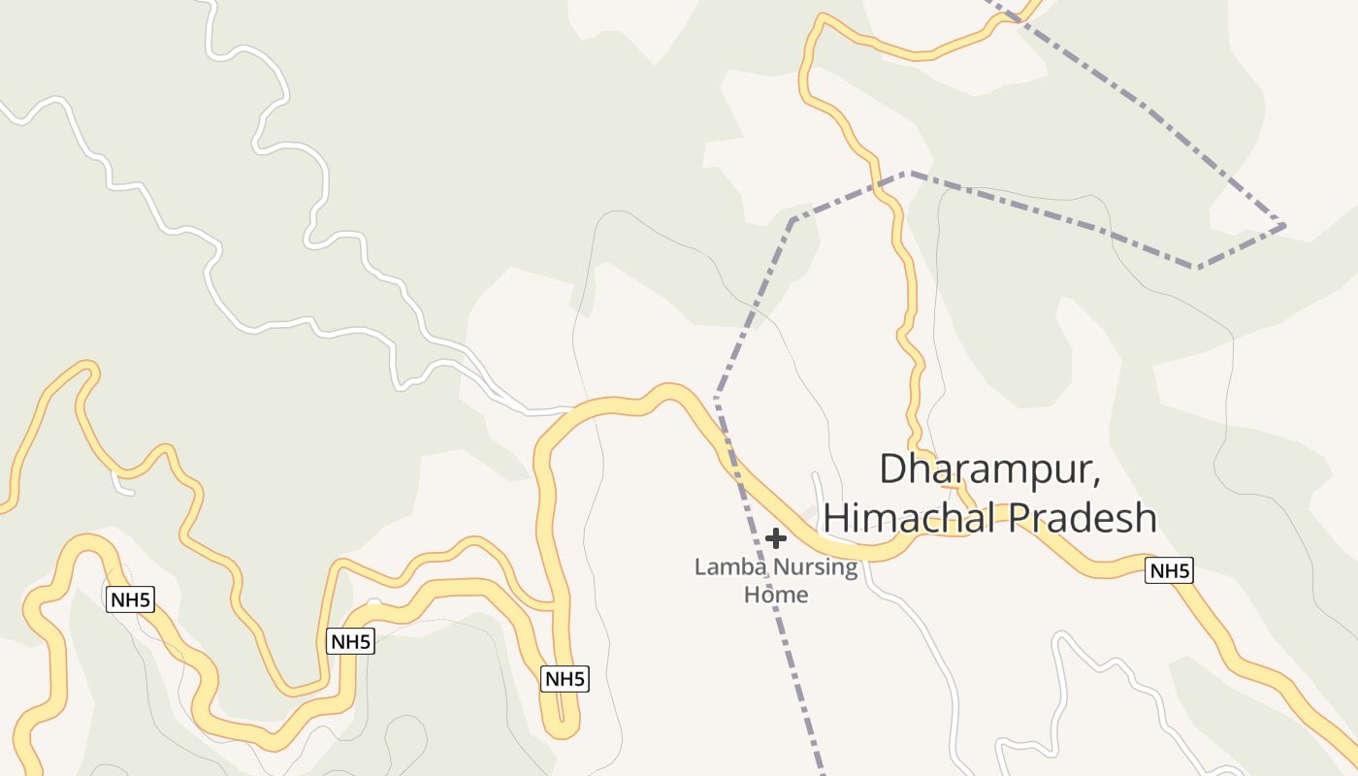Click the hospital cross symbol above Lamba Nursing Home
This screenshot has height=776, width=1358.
point(775,537)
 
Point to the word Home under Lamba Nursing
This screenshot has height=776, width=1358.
point(776,594)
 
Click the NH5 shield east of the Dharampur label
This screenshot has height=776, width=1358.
point(1169,570)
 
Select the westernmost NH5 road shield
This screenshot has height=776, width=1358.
point(130,599)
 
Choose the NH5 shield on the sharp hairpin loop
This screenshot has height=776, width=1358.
point(565,679)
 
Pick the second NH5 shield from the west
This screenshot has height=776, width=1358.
point(350,641)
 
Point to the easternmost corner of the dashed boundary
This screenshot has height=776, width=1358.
point(1284,226)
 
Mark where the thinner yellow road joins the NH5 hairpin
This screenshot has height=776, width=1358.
point(553,607)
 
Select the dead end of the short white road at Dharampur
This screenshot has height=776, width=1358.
point(816,476)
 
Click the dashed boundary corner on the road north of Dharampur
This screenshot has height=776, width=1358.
point(905,174)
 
